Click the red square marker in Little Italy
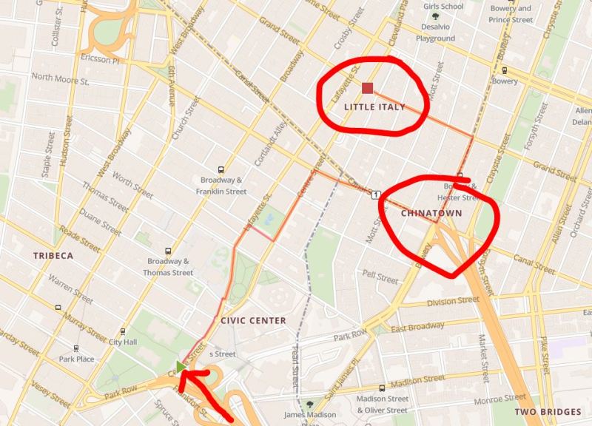point(367,89)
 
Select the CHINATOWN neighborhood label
point(431,213)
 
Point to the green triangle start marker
point(181,366)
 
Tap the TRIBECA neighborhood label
point(53,255)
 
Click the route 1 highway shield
point(377,194)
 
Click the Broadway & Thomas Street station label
point(170,267)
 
